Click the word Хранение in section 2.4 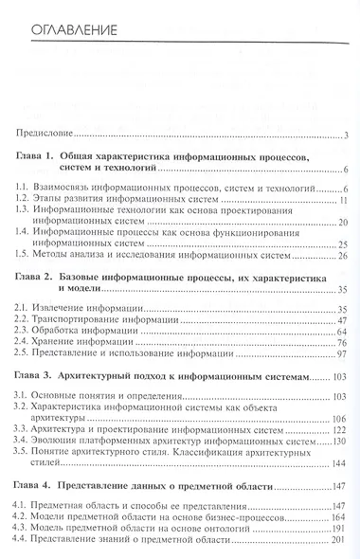[63, 348]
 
